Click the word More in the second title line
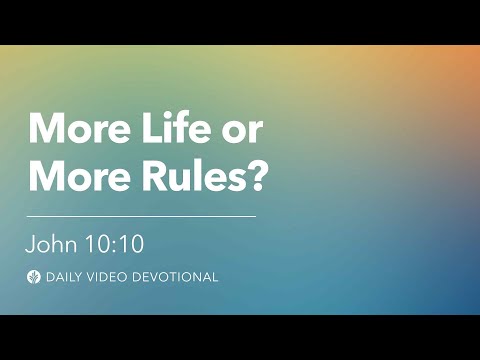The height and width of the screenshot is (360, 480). coord(72,175)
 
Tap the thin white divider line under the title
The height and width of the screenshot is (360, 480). coord(141,215)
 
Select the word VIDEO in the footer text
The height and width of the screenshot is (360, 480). coord(112,277)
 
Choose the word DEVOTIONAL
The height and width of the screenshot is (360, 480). coord(177,277)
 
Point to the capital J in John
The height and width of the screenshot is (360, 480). coord(33,243)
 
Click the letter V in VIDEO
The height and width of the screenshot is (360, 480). coord(96,277)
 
